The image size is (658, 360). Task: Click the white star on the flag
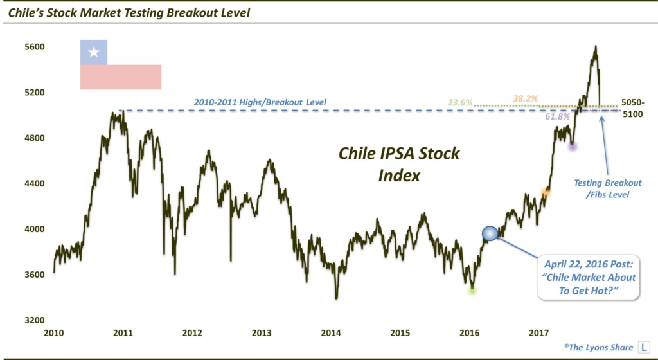click(x=94, y=51)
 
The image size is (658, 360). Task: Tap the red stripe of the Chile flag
click(x=120, y=76)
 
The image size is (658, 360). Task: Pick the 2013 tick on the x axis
click(x=262, y=334)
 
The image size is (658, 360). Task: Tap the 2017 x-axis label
click(x=539, y=334)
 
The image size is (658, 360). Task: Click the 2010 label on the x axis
click(x=53, y=334)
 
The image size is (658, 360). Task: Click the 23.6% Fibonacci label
click(x=460, y=102)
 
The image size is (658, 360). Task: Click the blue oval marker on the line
click(x=490, y=234)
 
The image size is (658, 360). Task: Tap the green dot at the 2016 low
click(x=472, y=291)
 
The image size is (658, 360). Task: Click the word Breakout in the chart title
click(x=193, y=12)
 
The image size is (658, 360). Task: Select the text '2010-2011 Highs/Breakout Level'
click(x=260, y=102)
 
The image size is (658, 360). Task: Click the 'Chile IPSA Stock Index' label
click(x=399, y=164)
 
